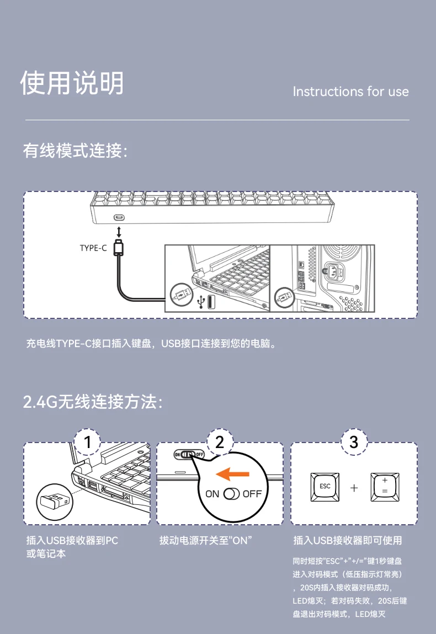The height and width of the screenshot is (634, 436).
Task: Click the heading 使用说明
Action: point(72,83)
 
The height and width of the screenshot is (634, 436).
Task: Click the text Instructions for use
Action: point(350,92)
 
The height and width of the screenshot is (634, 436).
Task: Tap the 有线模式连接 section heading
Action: point(75,151)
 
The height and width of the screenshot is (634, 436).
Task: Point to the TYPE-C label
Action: point(93,248)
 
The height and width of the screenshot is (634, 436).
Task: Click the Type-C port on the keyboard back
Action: point(119,217)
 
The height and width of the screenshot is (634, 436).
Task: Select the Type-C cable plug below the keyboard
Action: point(119,247)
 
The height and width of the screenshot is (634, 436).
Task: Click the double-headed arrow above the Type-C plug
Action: point(119,232)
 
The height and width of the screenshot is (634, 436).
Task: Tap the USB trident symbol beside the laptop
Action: point(201,301)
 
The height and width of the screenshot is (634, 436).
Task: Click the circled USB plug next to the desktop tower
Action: point(284,299)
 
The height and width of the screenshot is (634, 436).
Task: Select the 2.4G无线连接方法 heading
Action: point(93,402)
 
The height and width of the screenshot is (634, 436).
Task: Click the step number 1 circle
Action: point(87,442)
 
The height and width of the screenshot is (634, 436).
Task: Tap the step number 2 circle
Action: point(220,442)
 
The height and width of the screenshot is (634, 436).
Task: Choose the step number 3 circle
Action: point(354,442)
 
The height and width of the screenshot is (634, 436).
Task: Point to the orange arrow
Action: point(232,473)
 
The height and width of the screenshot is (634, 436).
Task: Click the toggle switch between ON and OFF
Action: point(231,494)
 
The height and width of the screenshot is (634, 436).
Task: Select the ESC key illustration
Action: point(325,487)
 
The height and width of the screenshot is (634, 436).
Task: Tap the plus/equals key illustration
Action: point(385,487)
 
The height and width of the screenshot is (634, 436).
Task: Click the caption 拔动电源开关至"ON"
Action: point(205,540)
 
